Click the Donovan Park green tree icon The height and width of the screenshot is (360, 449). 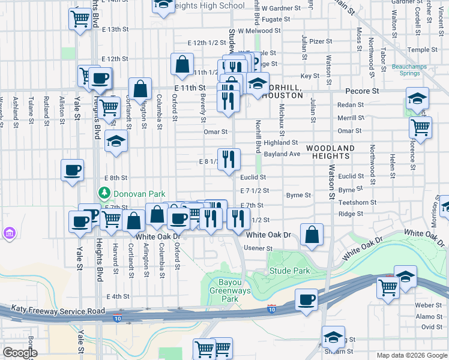point(104,193)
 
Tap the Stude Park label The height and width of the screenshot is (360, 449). point(290,271)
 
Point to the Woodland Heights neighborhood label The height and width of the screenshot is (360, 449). point(330,151)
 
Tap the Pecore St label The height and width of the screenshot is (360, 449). point(363,91)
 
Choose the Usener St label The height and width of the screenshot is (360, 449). point(259,248)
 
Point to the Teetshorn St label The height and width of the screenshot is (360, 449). point(357,203)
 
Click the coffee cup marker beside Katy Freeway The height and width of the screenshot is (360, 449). point(306,299)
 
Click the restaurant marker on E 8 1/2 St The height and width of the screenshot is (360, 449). point(229,160)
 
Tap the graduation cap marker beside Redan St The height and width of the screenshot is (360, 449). point(417,98)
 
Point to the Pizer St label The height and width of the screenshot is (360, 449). point(321,41)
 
